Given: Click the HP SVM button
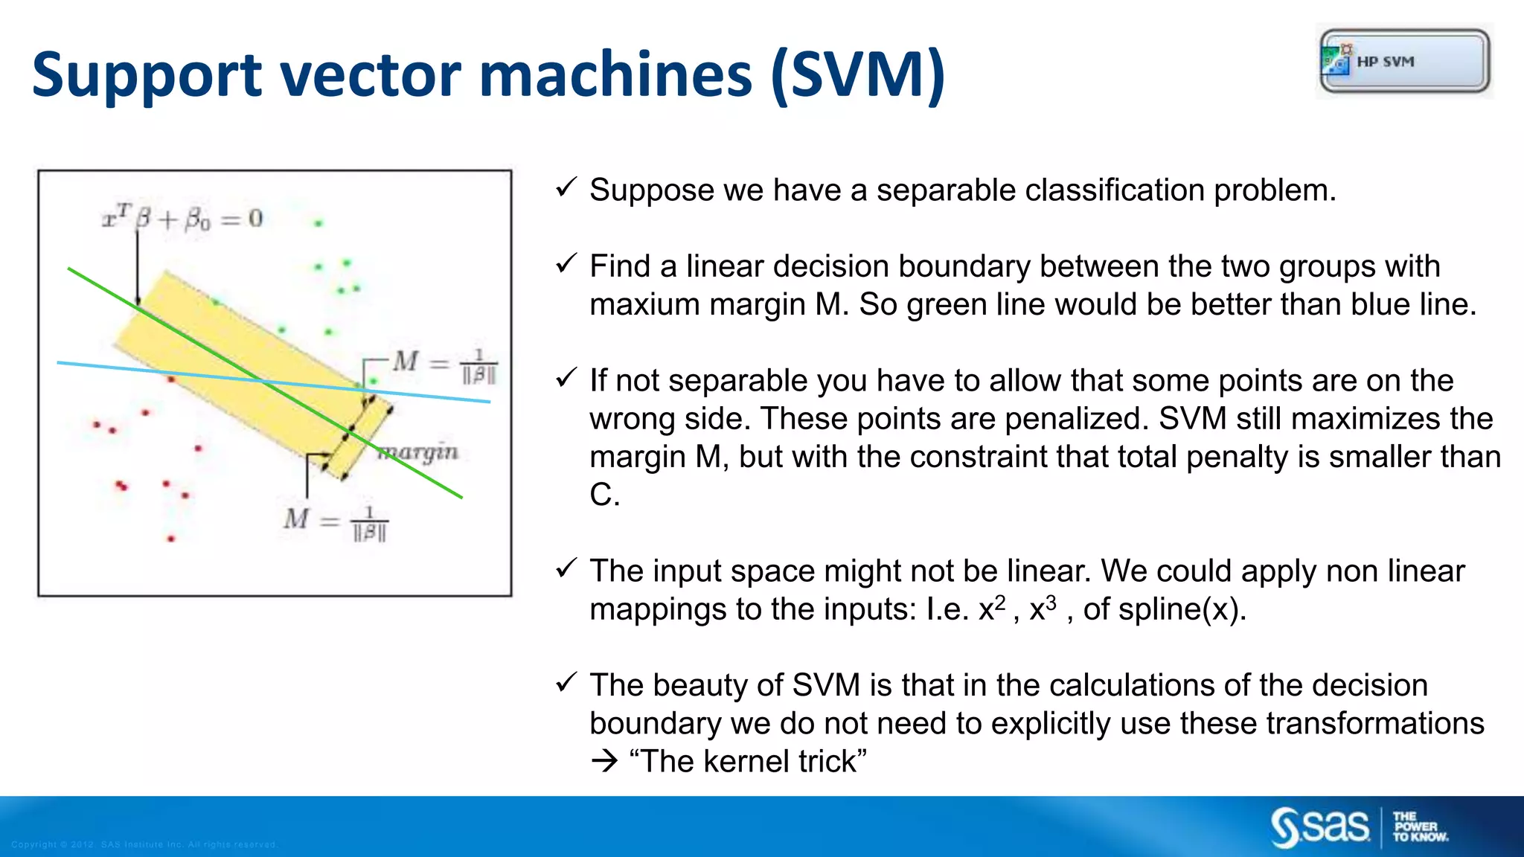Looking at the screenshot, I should pos(1404,61).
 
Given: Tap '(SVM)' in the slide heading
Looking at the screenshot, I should pos(857,76).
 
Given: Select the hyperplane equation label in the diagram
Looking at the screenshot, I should pos(183,219).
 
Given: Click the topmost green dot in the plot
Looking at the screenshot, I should pos(318,223).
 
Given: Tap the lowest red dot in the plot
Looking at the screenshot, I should pos(171,538).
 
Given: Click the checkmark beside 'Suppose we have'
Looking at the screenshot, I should pos(566,187).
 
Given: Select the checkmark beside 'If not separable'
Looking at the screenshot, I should pos(566,378).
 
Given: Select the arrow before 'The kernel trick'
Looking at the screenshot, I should pos(604,762).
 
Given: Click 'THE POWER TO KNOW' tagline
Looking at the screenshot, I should pos(1420,827).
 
